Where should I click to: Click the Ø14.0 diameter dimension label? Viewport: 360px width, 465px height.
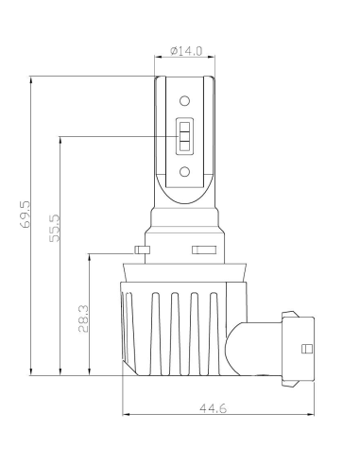click(186, 51)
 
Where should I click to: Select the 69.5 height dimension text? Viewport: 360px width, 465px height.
click(25, 214)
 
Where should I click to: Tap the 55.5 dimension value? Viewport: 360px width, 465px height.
click(55, 228)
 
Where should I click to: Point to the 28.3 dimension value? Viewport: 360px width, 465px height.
click(83, 319)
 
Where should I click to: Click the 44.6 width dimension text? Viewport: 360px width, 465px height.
click(213, 408)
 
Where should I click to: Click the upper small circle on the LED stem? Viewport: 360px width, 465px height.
click(184, 101)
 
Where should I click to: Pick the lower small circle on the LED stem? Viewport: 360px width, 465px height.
click(184, 172)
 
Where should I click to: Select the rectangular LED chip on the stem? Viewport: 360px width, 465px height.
click(184, 136)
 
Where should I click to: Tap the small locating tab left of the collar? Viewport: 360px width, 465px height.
click(142, 250)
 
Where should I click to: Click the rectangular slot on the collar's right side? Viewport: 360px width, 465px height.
click(204, 250)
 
